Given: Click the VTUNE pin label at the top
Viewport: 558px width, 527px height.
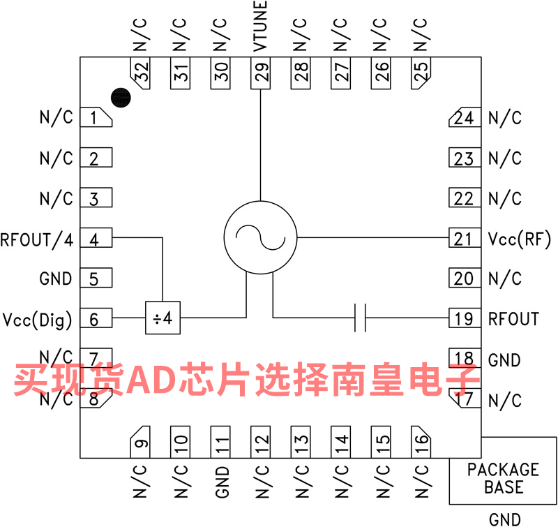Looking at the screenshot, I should pyautogui.click(x=260, y=28).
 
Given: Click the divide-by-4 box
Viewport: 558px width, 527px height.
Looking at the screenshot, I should pyautogui.click(x=163, y=318).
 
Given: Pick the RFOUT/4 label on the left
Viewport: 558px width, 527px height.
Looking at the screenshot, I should pyautogui.click(x=37, y=239).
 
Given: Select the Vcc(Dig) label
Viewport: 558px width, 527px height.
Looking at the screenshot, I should pyautogui.click(x=38, y=320).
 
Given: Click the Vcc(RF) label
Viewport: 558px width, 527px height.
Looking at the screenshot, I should pyautogui.click(x=520, y=239).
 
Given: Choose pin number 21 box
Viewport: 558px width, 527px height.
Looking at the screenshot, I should pyautogui.click(x=464, y=239).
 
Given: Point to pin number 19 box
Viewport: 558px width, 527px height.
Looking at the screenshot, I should pyautogui.click(x=464, y=319).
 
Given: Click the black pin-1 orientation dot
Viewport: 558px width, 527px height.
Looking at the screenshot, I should pyautogui.click(x=121, y=98).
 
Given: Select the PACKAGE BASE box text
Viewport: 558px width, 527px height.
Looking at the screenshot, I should pyautogui.click(x=503, y=478).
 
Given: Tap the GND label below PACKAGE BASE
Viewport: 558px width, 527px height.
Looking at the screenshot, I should pyautogui.click(x=504, y=519).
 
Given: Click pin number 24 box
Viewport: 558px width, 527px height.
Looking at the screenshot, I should pyautogui.click(x=464, y=118).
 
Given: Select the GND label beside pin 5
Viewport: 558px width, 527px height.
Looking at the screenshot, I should pyautogui.click(x=56, y=279).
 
